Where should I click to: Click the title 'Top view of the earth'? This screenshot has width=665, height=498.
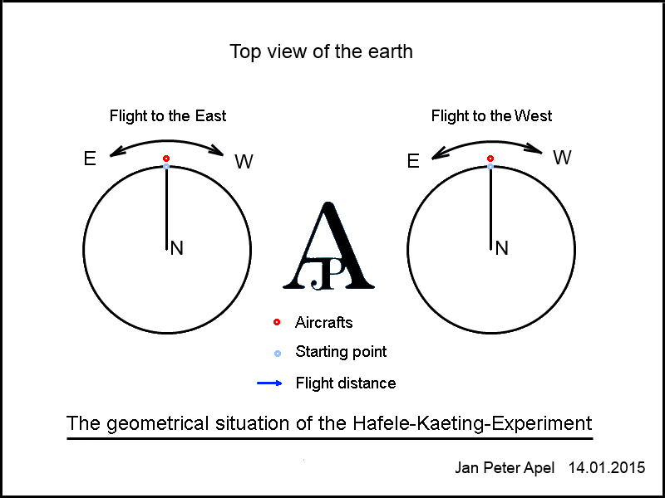point(321,52)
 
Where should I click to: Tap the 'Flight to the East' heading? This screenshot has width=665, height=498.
point(168,116)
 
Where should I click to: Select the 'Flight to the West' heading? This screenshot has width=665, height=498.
point(491,116)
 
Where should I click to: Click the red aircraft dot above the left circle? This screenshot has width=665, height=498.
point(166,159)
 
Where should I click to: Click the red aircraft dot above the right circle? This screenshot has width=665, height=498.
point(490,159)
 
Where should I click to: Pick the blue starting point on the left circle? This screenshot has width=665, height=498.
point(166,167)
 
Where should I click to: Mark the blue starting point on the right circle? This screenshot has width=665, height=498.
point(490,167)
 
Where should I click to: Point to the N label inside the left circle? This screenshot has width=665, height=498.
point(177,248)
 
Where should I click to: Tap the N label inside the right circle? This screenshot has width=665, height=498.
point(502,248)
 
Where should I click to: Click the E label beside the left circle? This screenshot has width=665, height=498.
point(90,159)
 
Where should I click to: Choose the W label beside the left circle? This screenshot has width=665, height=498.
point(244,161)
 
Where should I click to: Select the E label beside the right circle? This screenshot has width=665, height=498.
point(413,161)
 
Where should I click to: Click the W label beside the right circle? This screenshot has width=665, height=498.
point(563,158)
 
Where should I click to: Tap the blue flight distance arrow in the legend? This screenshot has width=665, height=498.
point(269,383)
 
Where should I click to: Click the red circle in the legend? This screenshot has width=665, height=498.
point(277,323)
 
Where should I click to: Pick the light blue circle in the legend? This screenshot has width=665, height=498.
point(278,354)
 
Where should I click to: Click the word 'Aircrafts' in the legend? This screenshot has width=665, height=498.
point(324,323)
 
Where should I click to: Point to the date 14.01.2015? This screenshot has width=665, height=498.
point(607,468)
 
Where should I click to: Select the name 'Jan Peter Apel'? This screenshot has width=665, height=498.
point(505,468)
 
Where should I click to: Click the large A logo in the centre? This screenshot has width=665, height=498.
point(328,247)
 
